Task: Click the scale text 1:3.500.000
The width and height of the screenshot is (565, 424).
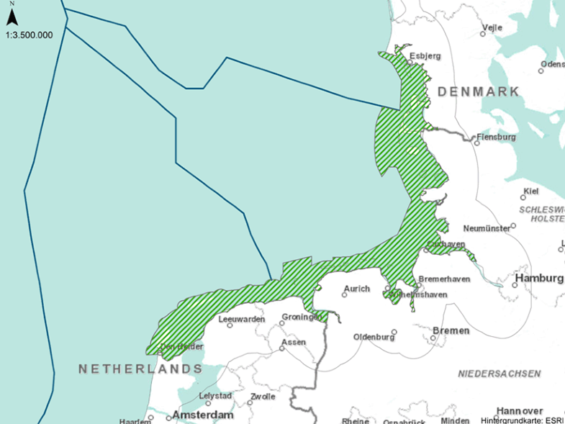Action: tap(29, 34)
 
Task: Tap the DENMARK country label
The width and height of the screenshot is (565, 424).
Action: tap(478, 91)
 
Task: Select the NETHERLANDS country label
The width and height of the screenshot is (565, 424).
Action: tap(140, 369)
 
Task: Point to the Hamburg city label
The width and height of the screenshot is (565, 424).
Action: tap(539, 279)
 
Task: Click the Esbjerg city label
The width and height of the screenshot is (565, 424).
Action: tap(425, 55)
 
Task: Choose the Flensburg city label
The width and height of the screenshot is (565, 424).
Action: tap(496, 136)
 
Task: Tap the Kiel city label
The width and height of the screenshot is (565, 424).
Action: tap(532, 191)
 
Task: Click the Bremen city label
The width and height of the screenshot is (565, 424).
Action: tap(451, 330)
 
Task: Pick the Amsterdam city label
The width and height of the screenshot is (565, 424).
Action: tap(203, 415)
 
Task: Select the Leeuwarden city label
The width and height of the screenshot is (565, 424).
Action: tap(237, 318)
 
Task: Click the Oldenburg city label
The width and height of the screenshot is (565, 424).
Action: tap(374, 337)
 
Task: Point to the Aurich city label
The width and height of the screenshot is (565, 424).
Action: tap(357, 289)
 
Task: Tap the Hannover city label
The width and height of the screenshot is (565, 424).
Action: tap(519, 410)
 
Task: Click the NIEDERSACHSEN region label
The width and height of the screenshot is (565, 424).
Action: tap(500, 374)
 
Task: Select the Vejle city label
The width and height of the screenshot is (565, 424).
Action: tap(492, 27)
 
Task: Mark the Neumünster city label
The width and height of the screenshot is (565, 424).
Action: tap(486, 228)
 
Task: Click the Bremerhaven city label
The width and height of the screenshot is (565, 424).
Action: tap(444, 279)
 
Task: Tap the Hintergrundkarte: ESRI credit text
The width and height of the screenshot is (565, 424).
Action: tap(522, 420)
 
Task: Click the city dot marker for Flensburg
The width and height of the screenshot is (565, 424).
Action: tap(476, 143)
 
